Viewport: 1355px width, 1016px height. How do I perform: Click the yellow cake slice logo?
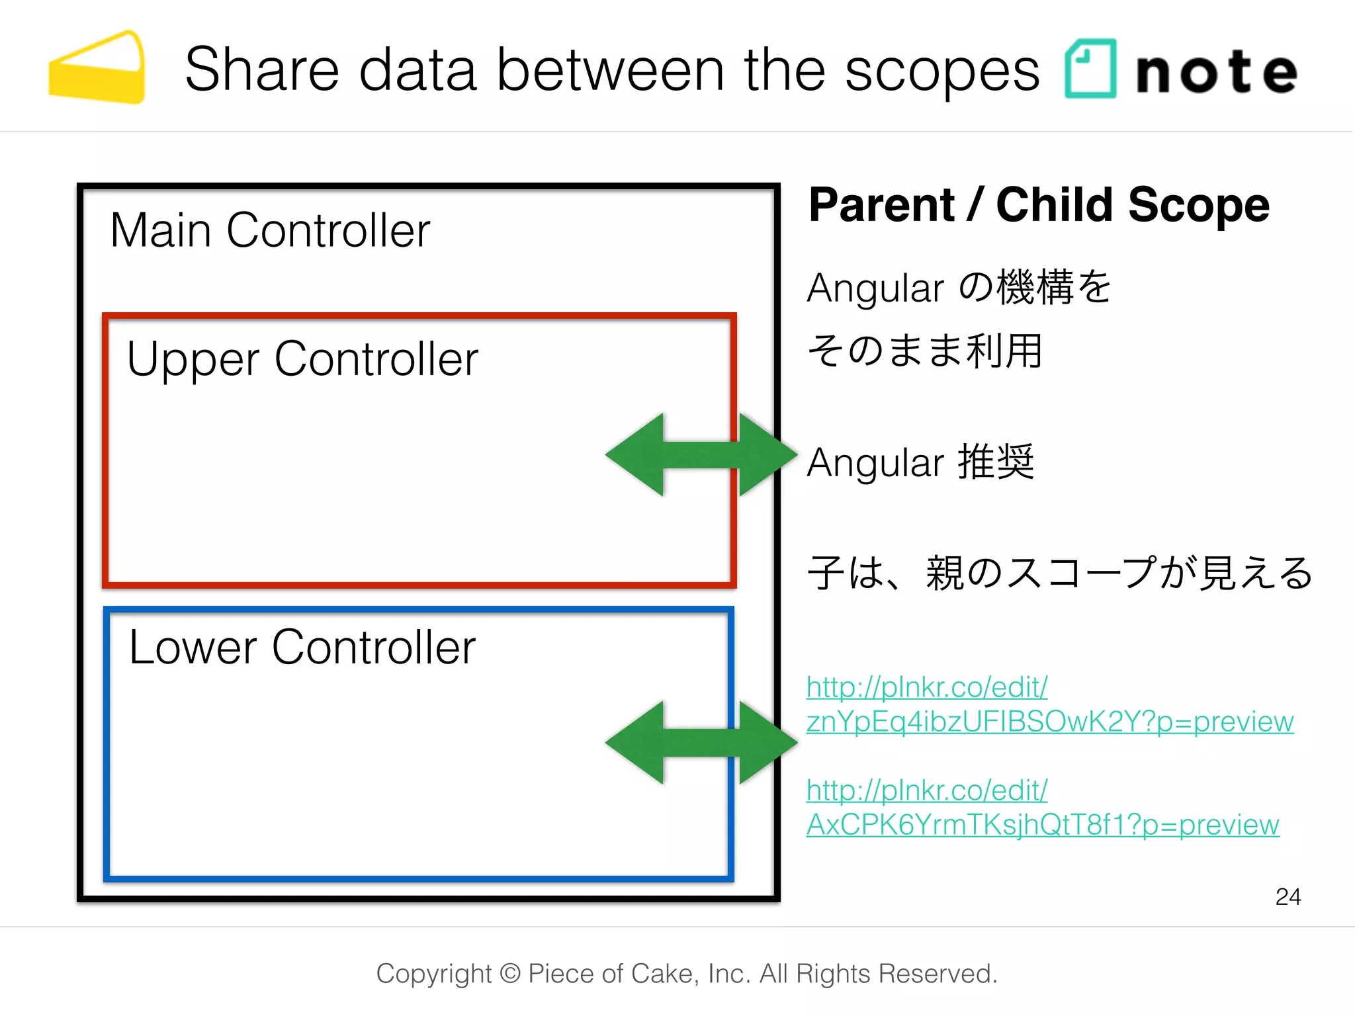point(97,68)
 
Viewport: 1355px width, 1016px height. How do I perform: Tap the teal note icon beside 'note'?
point(1090,69)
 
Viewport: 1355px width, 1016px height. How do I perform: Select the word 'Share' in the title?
point(261,70)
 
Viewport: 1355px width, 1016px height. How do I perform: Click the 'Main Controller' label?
point(270,231)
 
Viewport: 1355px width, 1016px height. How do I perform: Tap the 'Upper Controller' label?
point(302,360)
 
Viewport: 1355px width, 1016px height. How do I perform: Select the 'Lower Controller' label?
point(302,648)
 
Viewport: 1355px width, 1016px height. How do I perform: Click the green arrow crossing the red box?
point(701,455)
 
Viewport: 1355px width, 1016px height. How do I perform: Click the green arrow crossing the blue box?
point(701,743)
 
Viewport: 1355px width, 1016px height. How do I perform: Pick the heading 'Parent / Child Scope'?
point(1039,205)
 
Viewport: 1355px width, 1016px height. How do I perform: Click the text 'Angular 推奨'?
point(920,462)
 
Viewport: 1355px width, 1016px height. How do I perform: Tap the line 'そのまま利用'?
point(924,351)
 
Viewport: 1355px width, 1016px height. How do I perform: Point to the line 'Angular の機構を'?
point(959,288)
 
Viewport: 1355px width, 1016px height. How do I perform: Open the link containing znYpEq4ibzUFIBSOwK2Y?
point(1049,721)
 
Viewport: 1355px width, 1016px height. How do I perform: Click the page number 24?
point(1288,896)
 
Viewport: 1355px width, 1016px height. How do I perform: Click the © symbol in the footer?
point(509,974)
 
